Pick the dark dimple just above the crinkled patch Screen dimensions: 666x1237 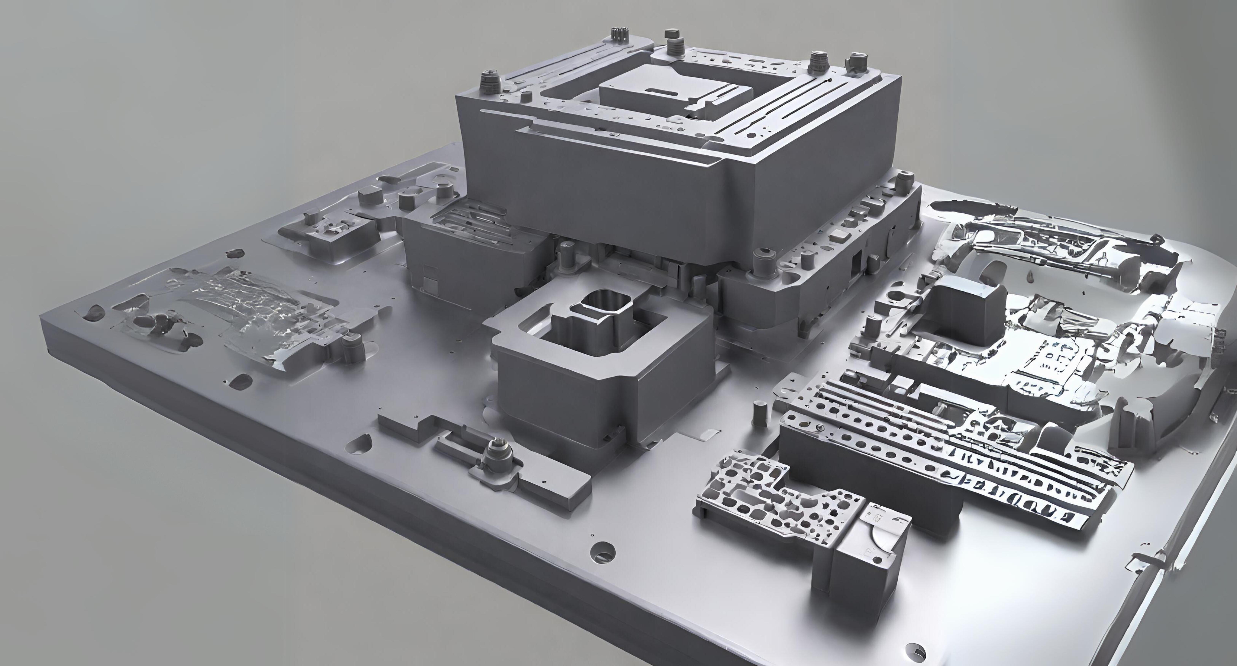click(x=235, y=253)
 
